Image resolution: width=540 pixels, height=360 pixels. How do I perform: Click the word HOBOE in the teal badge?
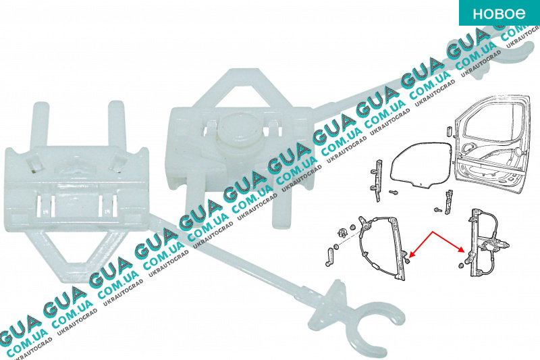[x=499, y=14]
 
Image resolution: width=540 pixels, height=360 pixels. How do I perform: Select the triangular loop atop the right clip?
[x=237, y=87]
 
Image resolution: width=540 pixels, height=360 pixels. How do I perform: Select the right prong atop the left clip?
[x=115, y=124]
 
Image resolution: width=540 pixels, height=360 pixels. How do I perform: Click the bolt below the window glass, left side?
[x=393, y=192]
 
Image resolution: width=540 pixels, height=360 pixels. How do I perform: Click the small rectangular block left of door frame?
[x=449, y=132]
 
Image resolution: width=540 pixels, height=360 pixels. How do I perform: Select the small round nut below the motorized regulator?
[x=461, y=265]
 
